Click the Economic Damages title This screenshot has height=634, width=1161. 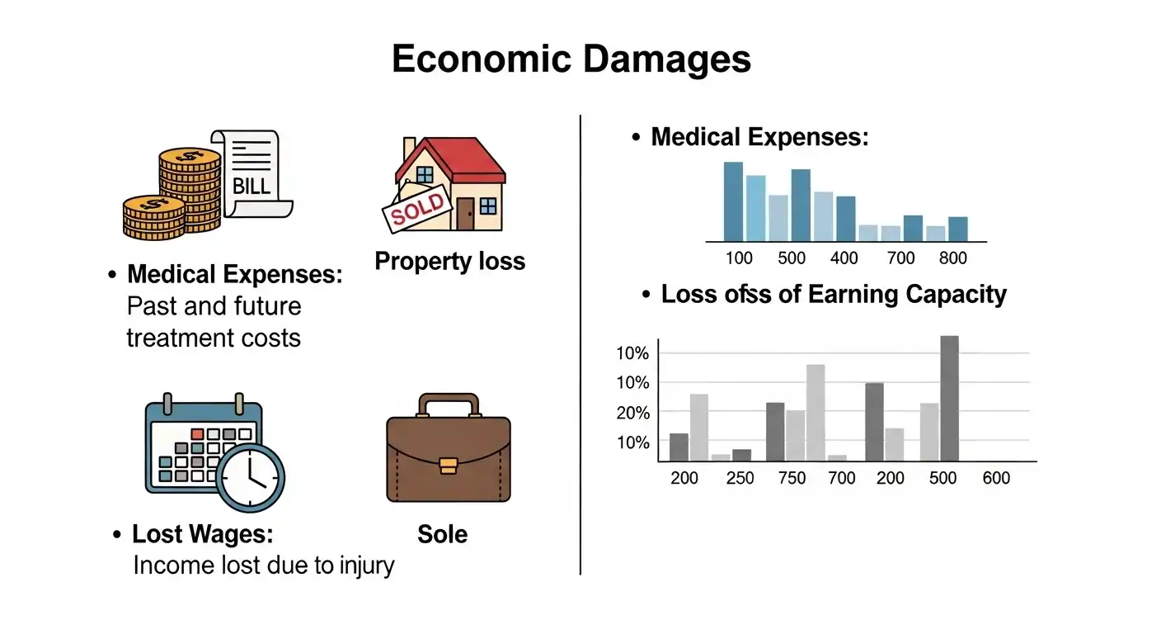click(x=571, y=59)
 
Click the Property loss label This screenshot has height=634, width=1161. click(x=449, y=262)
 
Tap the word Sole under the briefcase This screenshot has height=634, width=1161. click(x=442, y=534)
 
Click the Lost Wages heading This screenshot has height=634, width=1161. click(x=202, y=534)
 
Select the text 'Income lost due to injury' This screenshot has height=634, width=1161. click(x=263, y=565)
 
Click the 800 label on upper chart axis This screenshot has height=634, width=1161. click(x=952, y=258)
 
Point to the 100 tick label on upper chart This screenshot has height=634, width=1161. click(x=739, y=258)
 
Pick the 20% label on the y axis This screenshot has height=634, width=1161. click(x=633, y=413)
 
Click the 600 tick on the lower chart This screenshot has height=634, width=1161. click(x=996, y=479)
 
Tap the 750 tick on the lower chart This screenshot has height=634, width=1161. click(x=792, y=479)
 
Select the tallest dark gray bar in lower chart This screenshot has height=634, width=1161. click(x=949, y=398)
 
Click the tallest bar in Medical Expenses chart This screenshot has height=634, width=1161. click(x=733, y=201)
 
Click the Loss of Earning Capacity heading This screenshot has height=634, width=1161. click(x=834, y=295)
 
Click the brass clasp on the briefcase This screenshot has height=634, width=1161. click(x=449, y=465)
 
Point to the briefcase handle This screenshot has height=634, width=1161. click(x=449, y=403)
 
